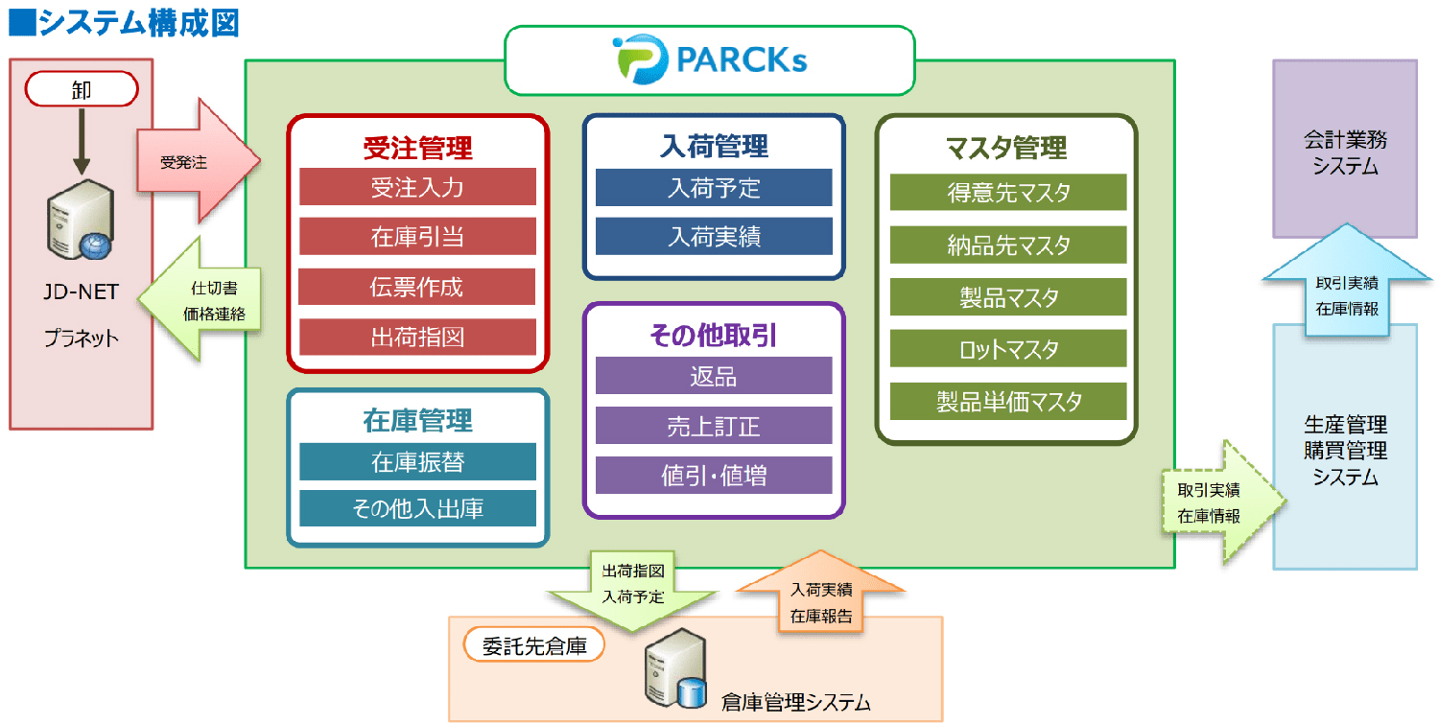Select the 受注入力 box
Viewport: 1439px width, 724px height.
(x=417, y=187)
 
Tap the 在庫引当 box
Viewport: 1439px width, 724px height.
(x=417, y=237)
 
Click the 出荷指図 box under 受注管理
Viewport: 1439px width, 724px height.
(x=417, y=337)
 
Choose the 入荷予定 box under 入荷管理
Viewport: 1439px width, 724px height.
(x=714, y=188)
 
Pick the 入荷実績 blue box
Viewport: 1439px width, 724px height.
(x=714, y=237)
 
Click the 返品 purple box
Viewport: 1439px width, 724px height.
(x=714, y=376)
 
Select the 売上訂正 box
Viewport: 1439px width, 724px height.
(x=714, y=425)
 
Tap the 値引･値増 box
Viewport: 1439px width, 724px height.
(x=714, y=476)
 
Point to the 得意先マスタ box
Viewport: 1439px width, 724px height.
(x=1008, y=192)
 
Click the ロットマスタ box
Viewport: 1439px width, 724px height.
(x=1008, y=349)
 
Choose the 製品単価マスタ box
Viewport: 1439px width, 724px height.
(x=1008, y=402)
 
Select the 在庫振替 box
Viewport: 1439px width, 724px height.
(x=417, y=462)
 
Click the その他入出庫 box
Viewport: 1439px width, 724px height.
(x=417, y=509)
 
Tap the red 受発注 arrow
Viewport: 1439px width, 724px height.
(x=198, y=161)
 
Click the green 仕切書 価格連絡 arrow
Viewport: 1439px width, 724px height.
(x=201, y=300)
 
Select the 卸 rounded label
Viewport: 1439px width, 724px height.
(x=82, y=89)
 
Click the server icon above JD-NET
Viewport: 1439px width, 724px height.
(x=81, y=219)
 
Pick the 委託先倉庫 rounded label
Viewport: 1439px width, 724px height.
(x=533, y=645)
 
